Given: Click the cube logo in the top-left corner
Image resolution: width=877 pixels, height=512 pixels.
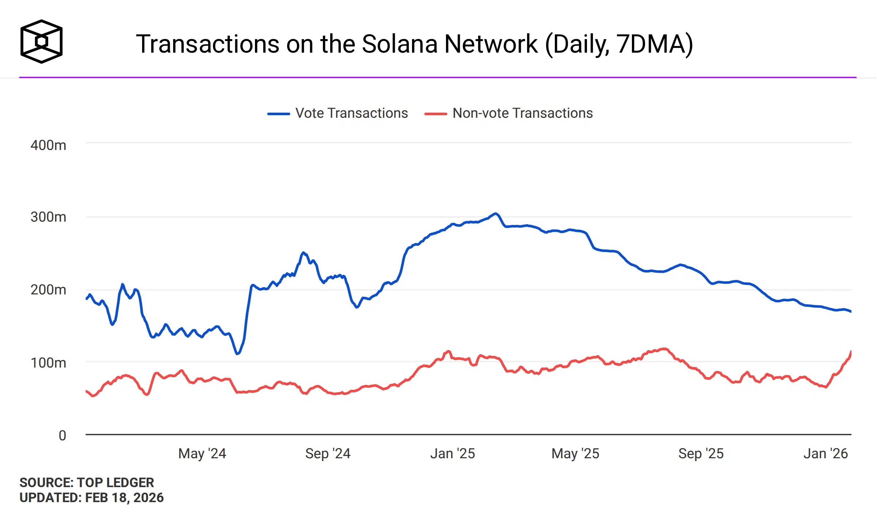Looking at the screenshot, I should (x=41, y=41).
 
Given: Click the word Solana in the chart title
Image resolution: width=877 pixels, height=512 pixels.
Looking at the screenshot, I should (x=400, y=44).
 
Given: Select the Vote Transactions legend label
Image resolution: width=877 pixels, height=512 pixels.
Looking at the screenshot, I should (x=351, y=113).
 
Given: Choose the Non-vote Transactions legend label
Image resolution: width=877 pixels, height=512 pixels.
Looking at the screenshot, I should (x=522, y=113).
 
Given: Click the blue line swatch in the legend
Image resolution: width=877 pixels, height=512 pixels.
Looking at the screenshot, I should (x=278, y=114).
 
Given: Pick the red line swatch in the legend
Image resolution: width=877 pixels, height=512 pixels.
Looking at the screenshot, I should (x=435, y=114).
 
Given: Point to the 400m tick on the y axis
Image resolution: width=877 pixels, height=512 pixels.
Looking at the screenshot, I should (x=48, y=145).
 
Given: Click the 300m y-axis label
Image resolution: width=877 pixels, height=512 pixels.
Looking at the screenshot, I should (x=48, y=217).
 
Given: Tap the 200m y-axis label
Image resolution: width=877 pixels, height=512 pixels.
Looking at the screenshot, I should (x=48, y=290).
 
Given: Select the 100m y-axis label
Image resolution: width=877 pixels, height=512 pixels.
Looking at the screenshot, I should (x=48, y=363).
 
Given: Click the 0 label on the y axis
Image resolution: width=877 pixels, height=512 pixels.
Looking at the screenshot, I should (x=62, y=436).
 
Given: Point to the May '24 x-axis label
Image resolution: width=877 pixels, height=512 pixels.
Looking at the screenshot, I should (x=202, y=453).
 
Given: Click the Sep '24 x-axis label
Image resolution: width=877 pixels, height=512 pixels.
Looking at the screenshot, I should (x=328, y=453).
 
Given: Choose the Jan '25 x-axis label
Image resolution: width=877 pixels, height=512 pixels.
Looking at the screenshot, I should (x=453, y=453).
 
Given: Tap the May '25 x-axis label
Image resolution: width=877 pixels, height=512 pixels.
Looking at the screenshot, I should (x=575, y=453).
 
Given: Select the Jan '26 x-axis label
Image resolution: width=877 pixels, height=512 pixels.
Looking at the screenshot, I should (x=825, y=453).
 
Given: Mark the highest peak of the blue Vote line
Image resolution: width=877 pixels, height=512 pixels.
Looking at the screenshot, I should (x=495, y=214).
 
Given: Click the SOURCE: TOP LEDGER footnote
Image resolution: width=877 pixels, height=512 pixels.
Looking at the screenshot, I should (x=87, y=482).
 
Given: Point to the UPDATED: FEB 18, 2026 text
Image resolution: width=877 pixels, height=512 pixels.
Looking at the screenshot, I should (x=91, y=498).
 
